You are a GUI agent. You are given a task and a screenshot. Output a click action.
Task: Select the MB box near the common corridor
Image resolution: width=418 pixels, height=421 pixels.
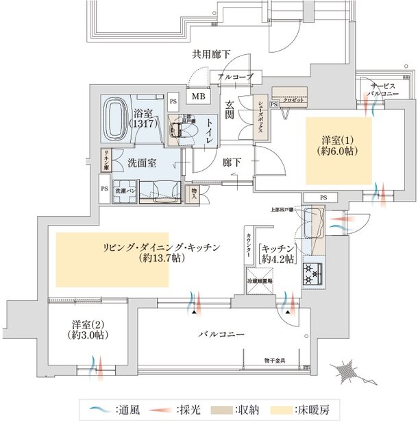coord(197,97)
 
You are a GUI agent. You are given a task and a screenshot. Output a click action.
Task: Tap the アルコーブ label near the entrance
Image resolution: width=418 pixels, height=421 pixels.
coord(236,77)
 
